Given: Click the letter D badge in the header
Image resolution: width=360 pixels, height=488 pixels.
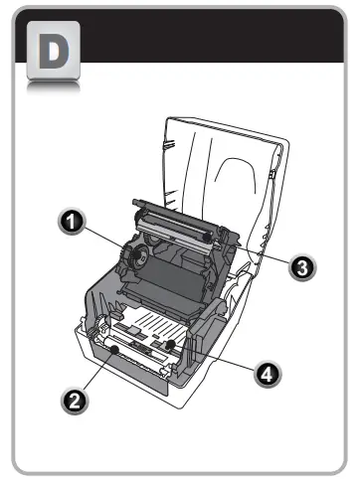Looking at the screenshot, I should coord(49,55).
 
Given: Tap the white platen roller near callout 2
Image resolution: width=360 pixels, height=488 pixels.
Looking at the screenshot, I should coord(129,349).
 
